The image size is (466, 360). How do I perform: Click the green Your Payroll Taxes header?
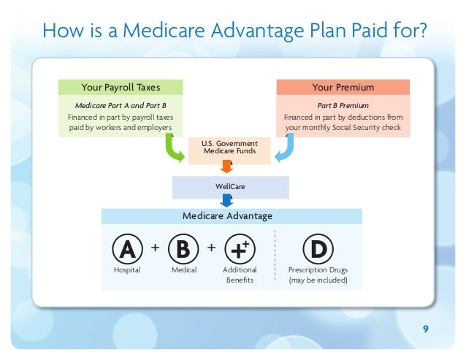pos(121,88)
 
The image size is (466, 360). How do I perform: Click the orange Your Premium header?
pos(343,88)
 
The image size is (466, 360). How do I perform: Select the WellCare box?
pos(230,187)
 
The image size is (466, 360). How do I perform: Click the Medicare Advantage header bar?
pos(232,216)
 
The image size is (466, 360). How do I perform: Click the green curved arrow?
pos(174,148)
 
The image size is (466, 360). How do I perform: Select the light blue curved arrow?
pos(283,148)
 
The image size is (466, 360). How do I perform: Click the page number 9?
pos(426,328)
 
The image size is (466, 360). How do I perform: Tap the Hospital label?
pos(127,270)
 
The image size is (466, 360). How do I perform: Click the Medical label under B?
pos(183,270)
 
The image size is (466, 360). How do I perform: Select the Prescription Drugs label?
pos(318,270)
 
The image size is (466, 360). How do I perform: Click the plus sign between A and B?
pos(155,248)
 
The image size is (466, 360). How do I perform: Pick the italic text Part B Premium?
pos(343,106)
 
